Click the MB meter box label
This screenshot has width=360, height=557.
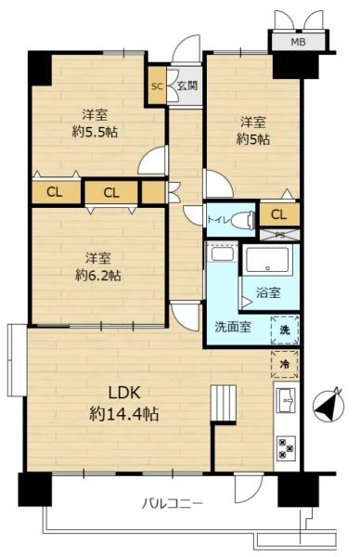pyautogui.click(x=298, y=42)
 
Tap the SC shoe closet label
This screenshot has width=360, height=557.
pyautogui.click(x=157, y=86)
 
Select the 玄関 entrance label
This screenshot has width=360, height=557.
pyautogui.click(x=187, y=85)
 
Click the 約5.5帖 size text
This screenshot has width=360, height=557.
pyautogui.click(x=95, y=132)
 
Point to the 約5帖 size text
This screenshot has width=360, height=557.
pyautogui.click(x=253, y=139)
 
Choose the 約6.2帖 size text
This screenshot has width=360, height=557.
pyautogui.click(x=97, y=275)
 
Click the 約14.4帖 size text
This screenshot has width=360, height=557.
pyautogui.click(x=123, y=414)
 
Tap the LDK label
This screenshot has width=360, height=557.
pyautogui.click(x=124, y=394)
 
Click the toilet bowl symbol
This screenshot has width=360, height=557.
pyautogui.click(x=243, y=220)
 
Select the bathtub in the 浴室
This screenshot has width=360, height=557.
pyautogui.click(x=267, y=260)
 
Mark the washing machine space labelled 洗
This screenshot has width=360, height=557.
pyautogui.click(x=285, y=330)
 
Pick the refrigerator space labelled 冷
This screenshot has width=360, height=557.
pyautogui.click(x=285, y=364)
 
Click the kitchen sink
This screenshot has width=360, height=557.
pyautogui.click(x=286, y=400)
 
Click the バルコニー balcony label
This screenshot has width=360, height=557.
pyautogui.click(x=173, y=503)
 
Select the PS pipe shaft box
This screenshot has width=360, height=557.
pyautogui.click(x=279, y=235)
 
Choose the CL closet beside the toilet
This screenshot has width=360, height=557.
pyautogui.click(x=279, y=214)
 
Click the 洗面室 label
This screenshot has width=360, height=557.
pyautogui.click(x=233, y=327)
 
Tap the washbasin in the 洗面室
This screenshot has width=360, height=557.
pyautogui.click(x=222, y=254)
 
